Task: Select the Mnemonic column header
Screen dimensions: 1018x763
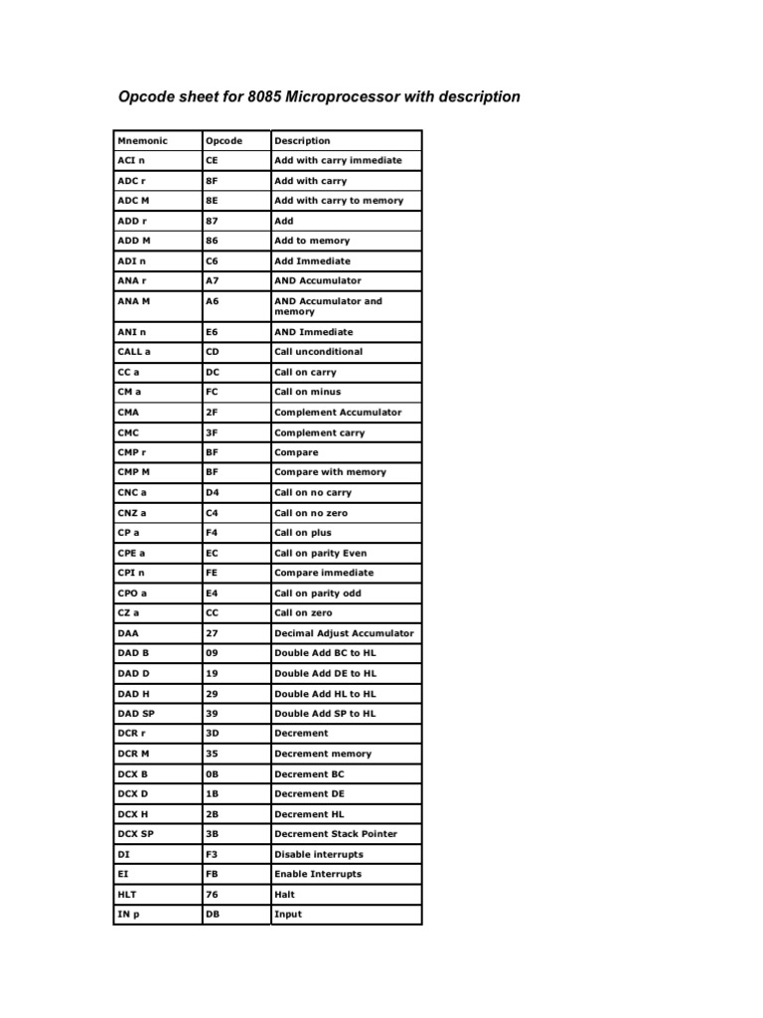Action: (142, 141)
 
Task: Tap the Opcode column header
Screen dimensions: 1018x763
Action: (224, 141)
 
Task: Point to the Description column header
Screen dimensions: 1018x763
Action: (302, 141)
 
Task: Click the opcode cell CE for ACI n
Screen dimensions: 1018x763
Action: (212, 160)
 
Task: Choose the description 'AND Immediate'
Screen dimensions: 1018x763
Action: (313, 332)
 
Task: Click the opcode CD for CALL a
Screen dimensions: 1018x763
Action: (212, 352)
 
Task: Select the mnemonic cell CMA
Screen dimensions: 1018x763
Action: (128, 412)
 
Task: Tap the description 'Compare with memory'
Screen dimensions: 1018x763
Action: (330, 472)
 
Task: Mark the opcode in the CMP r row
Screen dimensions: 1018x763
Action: (211, 452)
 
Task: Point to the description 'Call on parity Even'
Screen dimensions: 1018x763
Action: (320, 553)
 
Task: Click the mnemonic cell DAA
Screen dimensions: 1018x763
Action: (128, 633)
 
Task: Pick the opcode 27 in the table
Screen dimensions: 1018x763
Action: (211, 633)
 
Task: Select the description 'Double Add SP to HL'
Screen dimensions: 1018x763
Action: (325, 714)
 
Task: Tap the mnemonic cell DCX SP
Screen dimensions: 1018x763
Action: (135, 834)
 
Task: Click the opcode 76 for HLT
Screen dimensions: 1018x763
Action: (211, 895)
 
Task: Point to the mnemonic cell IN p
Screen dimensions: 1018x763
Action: (130, 915)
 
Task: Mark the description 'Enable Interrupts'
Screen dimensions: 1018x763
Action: (318, 875)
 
